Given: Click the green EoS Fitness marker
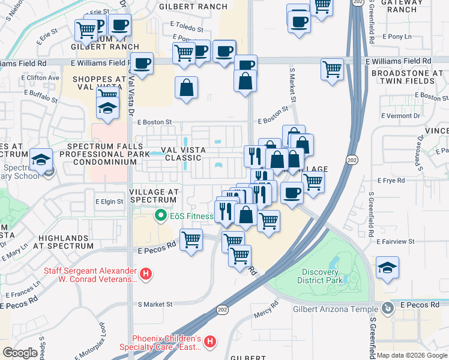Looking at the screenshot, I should (x=160, y=215).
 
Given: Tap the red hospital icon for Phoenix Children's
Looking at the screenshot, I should (x=209, y=342).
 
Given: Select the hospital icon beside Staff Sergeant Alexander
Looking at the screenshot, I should (x=145, y=275).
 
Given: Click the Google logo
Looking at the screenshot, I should (x=20, y=353).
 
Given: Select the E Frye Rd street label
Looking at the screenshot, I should (x=393, y=180).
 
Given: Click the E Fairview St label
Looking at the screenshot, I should (x=396, y=241).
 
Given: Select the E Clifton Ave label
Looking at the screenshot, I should (x=40, y=77).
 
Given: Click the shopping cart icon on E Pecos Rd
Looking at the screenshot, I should (x=191, y=240).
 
